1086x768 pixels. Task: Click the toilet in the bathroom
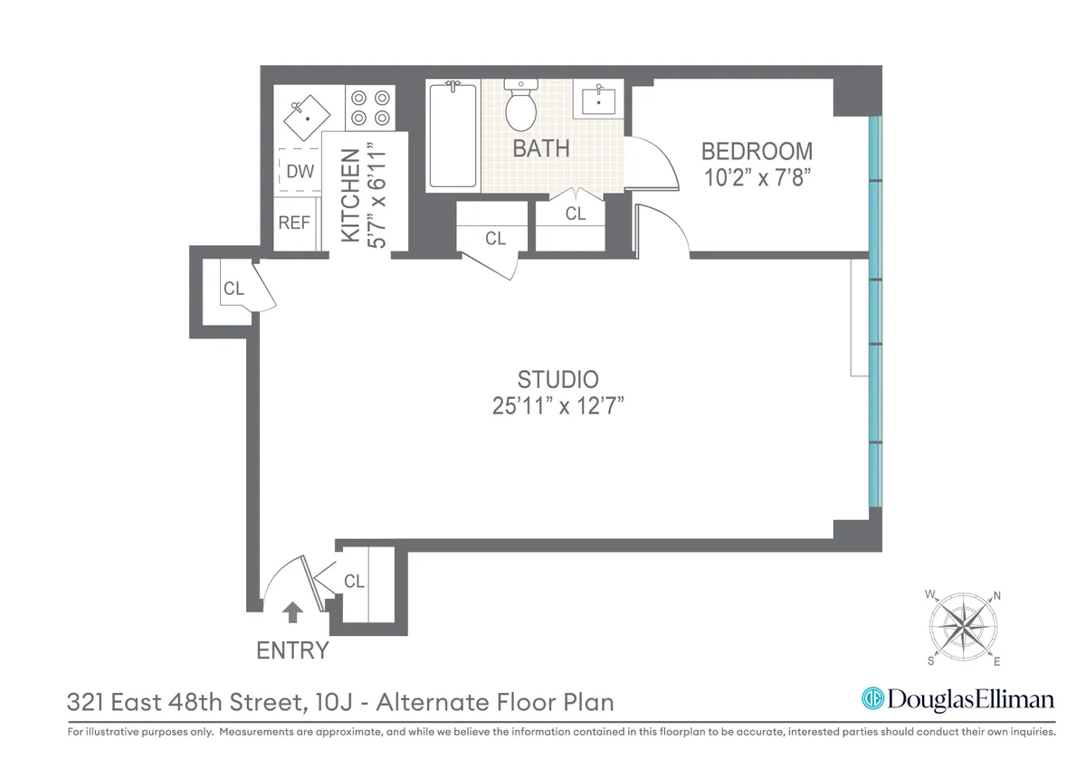click(520, 106)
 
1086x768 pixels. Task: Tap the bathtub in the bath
click(452, 135)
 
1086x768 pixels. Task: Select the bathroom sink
click(597, 99)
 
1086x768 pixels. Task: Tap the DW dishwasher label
click(300, 171)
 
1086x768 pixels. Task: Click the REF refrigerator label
click(294, 222)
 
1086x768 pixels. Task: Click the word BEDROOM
click(757, 151)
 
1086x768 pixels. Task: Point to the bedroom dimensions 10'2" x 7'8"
click(757, 176)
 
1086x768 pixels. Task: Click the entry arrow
click(291, 613)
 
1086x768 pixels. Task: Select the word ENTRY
click(292, 650)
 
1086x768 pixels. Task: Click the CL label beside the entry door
click(354, 582)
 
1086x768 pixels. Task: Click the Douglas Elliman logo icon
click(872, 699)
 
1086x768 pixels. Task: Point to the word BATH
click(541, 148)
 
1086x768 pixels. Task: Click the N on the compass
click(996, 595)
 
